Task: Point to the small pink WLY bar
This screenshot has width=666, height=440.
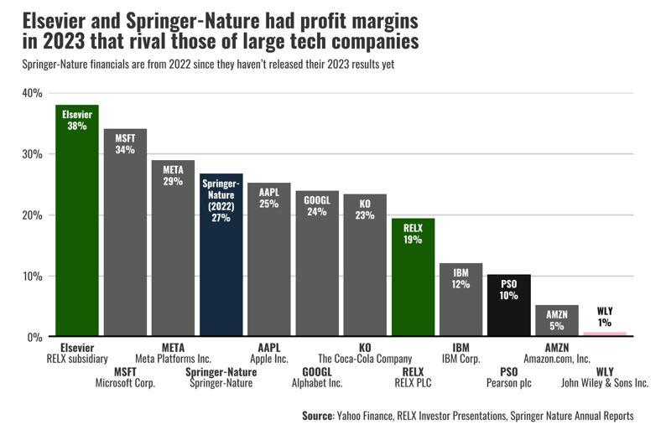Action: (x=605, y=334)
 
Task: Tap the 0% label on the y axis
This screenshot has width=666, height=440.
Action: (x=34, y=338)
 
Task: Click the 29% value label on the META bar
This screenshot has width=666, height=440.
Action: (x=173, y=181)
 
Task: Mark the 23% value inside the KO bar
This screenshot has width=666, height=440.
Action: (x=365, y=215)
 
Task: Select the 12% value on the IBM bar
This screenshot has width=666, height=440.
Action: (x=460, y=284)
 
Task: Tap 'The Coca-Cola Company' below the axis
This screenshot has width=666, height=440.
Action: (x=365, y=360)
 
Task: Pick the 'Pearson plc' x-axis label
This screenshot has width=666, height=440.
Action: (x=509, y=384)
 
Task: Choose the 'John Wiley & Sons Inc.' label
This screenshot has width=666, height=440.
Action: (x=605, y=384)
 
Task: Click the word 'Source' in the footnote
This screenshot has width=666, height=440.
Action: (x=317, y=416)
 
